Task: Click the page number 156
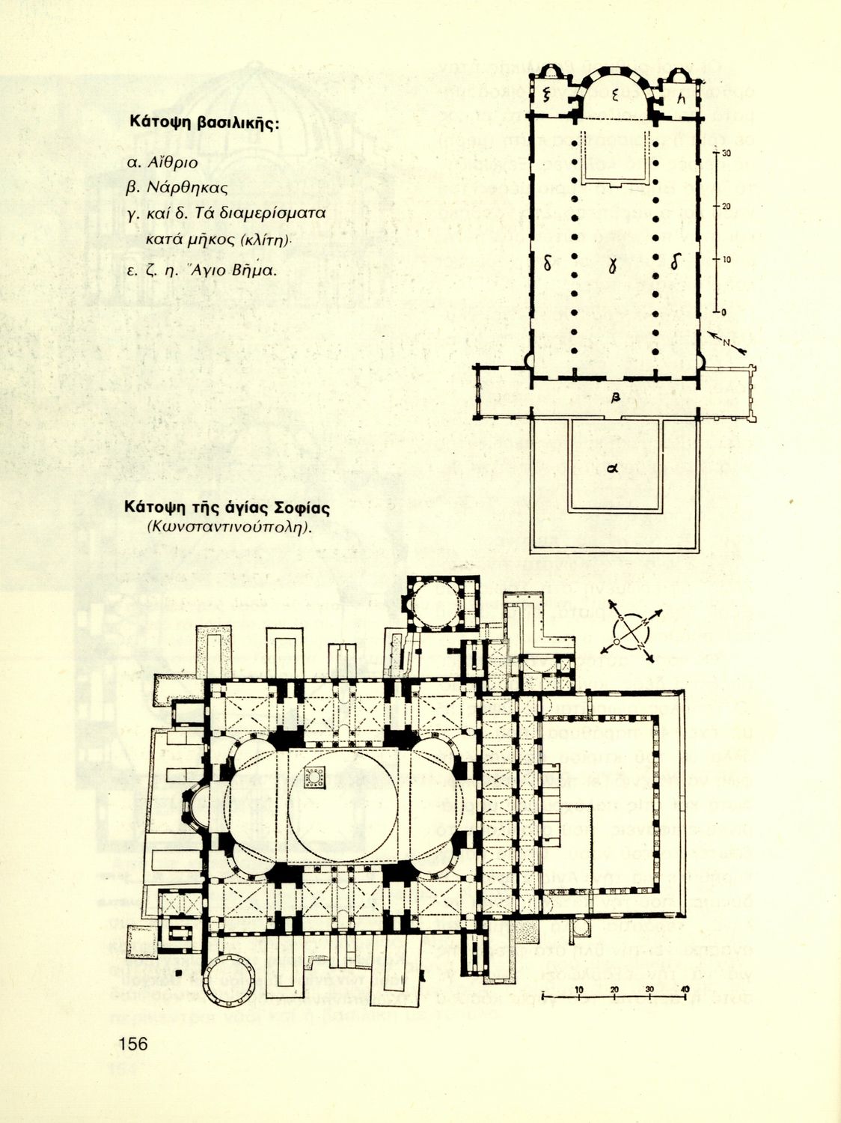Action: click(x=132, y=1043)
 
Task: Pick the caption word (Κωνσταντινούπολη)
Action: click(x=229, y=527)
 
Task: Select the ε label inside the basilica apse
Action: click(x=614, y=94)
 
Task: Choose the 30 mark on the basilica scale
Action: click(x=725, y=152)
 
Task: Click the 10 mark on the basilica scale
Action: click(x=725, y=259)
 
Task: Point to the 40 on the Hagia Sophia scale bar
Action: click(x=684, y=990)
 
